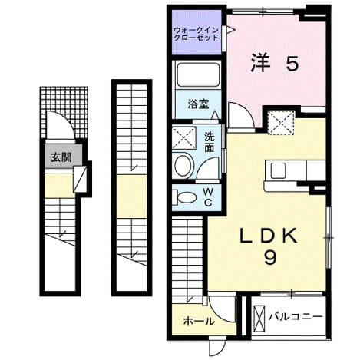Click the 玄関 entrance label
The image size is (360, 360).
coord(61,157)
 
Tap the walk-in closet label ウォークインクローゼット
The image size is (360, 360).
coord(196,34)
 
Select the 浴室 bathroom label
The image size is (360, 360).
coord(198,104)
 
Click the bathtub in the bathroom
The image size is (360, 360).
coord(198,75)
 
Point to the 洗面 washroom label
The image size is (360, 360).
coord(209,143)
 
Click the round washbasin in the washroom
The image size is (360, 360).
coord(183,165)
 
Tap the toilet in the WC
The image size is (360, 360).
coord(184,197)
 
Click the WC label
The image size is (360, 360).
coord(209,197)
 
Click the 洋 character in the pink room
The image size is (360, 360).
coord(260,63)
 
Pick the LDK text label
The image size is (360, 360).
coord(268,236)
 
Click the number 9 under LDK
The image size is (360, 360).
coord(270,257)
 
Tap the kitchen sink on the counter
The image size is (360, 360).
coord(278,170)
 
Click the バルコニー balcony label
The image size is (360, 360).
coord(296,317)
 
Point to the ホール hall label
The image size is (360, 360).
coord(199,321)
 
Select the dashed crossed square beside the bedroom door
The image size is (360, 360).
coord(281,123)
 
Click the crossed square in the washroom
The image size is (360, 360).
coord(184,137)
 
